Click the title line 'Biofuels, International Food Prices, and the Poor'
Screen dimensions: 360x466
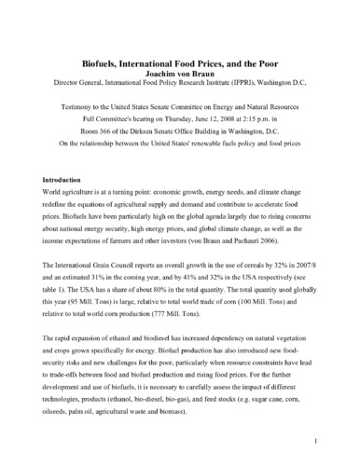click(x=180, y=29)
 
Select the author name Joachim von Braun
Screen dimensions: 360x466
click(x=180, y=41)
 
